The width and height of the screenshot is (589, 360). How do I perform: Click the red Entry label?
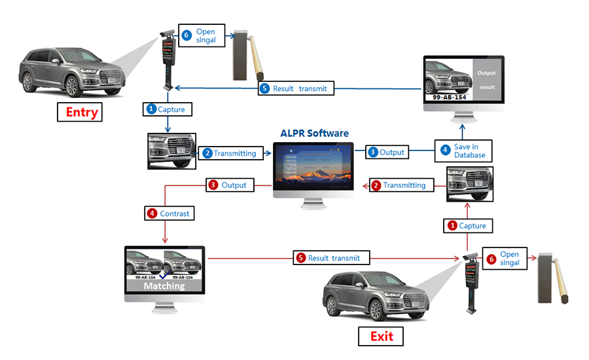click(x=82, y=112)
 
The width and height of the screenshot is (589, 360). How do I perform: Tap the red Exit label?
click(x=382, y=336)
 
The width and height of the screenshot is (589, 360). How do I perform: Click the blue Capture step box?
click(x=168, y=109)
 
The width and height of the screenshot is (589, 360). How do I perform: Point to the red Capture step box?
click(x=467, y=225)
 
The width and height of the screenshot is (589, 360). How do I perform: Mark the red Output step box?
click(x=228, y=185)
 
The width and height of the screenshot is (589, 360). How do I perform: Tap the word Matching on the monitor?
click(x=164, y=286)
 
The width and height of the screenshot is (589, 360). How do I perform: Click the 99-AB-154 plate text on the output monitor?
click(x=449, y=97)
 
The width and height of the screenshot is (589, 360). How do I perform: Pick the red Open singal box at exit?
click(x=503, y=258)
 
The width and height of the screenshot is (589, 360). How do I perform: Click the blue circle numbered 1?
click(x=151, y=109)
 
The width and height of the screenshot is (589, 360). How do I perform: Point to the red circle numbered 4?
click(x=152, y=213)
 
